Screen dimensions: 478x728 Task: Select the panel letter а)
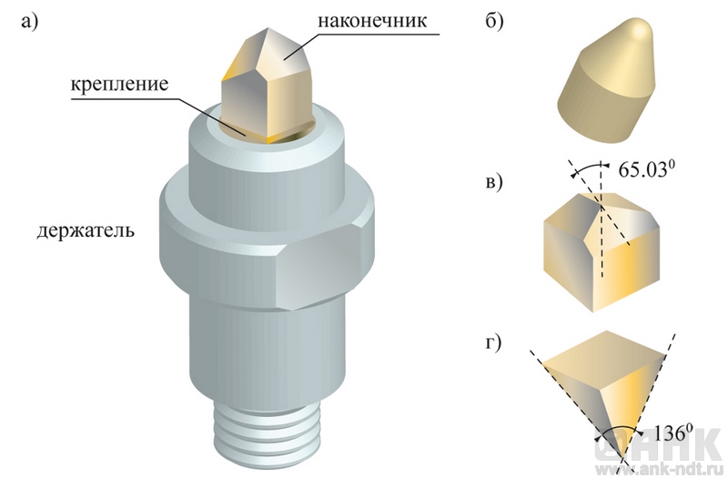(x=30, y=22)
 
